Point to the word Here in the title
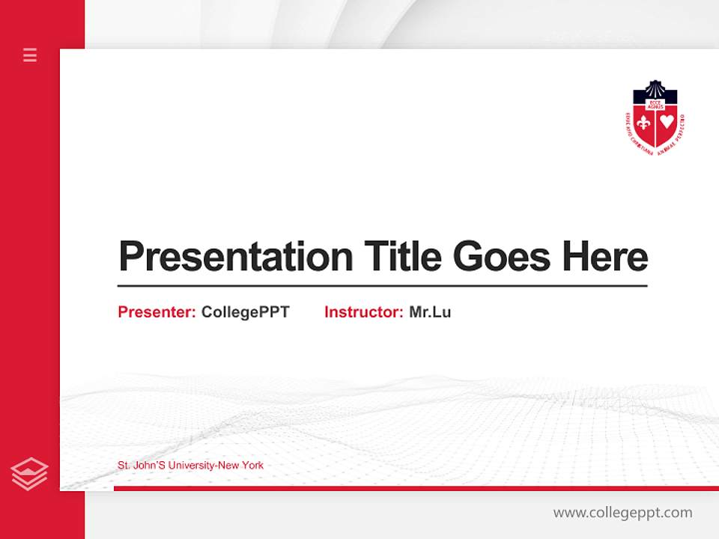604,256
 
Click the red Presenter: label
157,312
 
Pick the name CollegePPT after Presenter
245,312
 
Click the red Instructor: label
363,312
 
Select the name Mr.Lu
430,312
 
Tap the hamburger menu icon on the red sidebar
30,55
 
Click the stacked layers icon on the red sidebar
29,474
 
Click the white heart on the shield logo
667,122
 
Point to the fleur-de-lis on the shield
643,123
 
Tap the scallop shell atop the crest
655,88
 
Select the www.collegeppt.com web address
622,513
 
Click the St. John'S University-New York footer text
190,466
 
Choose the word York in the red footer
252,466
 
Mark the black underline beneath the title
382,286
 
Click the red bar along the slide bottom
416,488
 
